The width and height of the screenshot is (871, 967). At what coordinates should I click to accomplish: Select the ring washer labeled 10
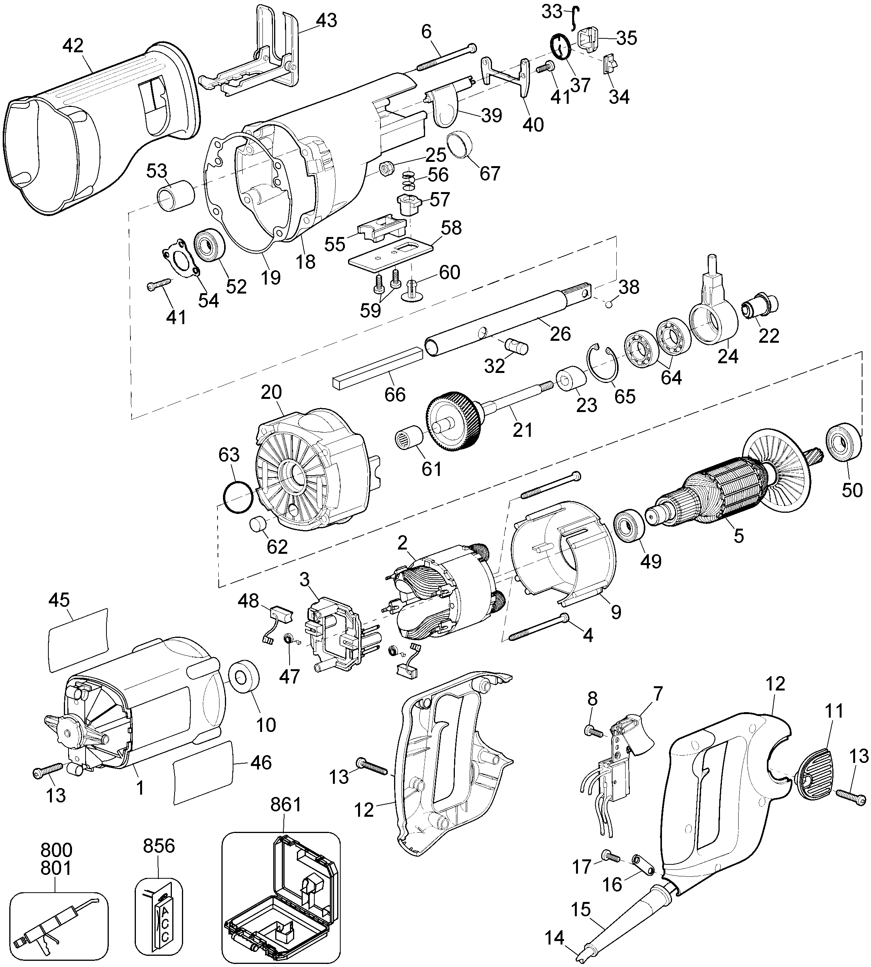(245, 679)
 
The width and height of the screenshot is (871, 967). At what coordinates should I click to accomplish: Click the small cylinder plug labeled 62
(259, 525)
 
